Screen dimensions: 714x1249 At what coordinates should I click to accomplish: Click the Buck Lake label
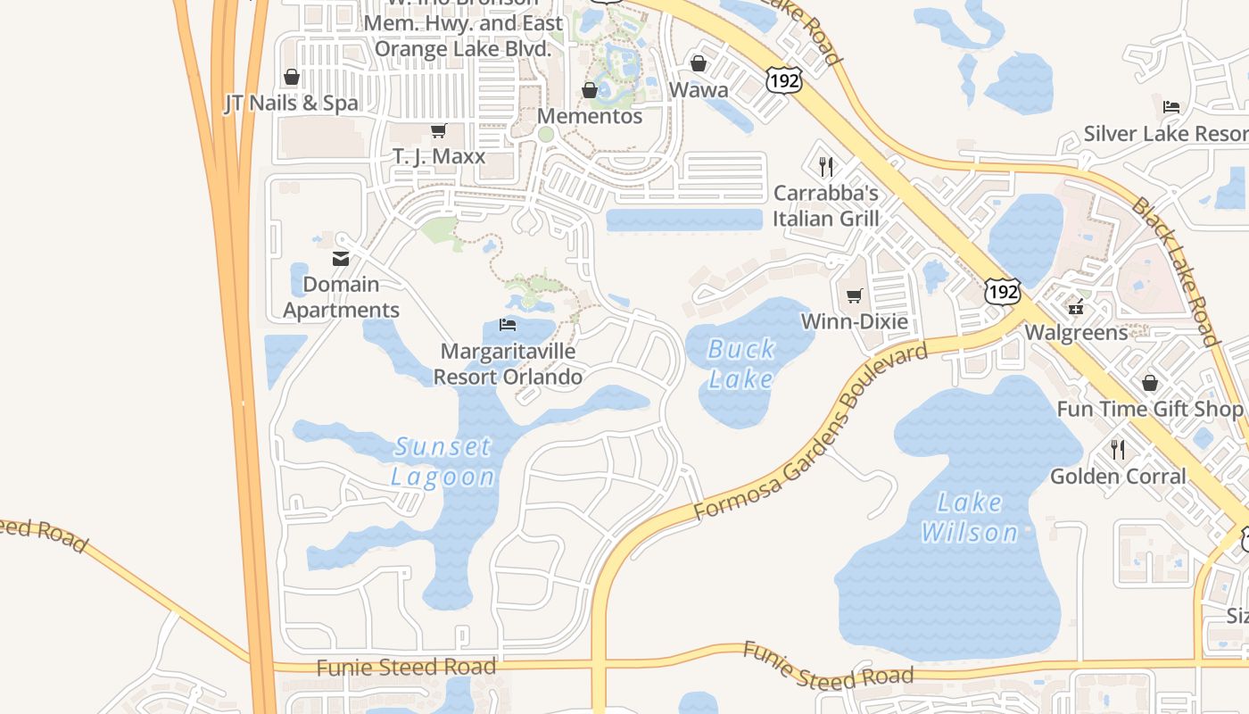[741, 363]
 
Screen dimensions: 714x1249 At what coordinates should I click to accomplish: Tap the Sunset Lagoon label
[443, 461]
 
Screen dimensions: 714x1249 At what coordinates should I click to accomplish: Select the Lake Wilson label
[970, 518]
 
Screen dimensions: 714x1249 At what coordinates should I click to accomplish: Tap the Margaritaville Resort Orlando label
[508, 364]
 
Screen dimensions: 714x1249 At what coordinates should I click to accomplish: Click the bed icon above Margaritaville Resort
[508, 324]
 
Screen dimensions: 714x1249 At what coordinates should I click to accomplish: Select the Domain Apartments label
[341, 297]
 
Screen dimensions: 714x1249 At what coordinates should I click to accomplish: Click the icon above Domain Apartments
[341, 259]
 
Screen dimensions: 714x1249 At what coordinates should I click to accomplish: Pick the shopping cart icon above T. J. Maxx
[438, 131]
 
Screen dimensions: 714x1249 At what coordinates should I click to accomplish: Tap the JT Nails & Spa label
[291, 104]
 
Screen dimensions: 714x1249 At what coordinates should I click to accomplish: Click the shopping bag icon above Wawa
[699, 63]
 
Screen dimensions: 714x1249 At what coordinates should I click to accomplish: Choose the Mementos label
[589, 116]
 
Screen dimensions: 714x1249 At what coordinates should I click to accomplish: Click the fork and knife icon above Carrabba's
[826, 167]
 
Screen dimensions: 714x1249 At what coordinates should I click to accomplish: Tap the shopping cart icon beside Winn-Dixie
[855, 295]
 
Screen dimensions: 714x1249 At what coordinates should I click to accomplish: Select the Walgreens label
[1076, 333]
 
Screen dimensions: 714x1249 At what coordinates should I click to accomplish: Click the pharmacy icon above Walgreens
[1077, 307]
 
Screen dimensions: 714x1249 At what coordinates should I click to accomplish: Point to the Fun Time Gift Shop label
[1149, 409]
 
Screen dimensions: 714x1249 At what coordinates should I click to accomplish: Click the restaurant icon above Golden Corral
[1118, 449]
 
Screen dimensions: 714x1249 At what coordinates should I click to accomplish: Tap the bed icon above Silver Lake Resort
[1171, 107]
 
